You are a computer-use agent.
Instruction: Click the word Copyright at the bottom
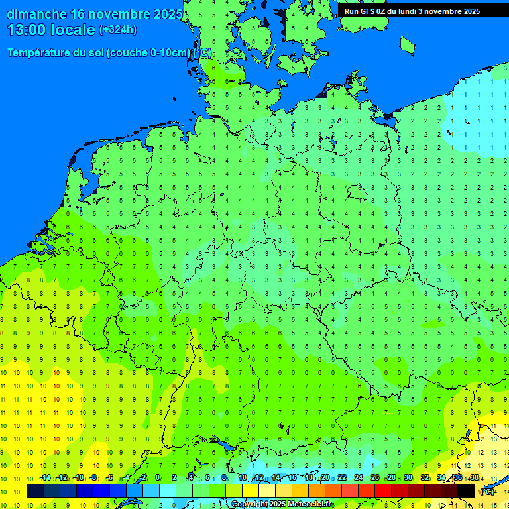point(250,504)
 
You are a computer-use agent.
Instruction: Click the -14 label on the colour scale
point(45,478)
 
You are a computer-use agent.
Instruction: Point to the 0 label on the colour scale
point(158,478)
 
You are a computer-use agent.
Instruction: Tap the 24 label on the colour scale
point(359,478)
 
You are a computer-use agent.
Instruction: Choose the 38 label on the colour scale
point(475,478)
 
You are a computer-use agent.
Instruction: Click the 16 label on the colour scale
point(292,478)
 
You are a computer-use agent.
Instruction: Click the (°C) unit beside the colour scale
point(487,492)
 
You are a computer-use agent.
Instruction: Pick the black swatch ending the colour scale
point(467,491)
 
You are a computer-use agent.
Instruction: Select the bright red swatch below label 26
point(383,491)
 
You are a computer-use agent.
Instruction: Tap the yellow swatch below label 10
point(251,491)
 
